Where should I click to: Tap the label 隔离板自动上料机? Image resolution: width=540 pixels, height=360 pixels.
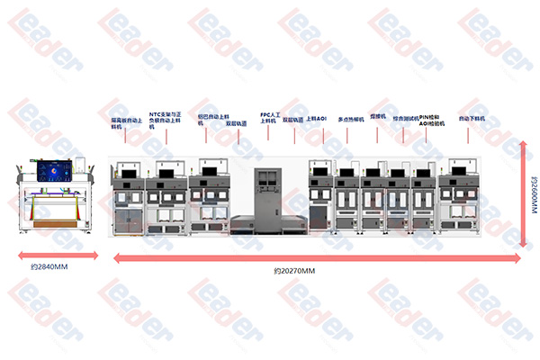pyautogui.click(x=125, y=123)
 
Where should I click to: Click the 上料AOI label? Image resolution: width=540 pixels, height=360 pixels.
pyautogui.click(x=316, y=118)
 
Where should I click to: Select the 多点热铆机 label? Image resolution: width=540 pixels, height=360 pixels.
pyautogui.click(x=351, y=119)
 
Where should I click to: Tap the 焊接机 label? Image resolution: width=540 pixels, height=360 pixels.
pyautogui.click(x=378, y=117)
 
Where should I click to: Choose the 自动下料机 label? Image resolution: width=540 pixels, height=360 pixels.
pyautogui.click(x=472, y=118)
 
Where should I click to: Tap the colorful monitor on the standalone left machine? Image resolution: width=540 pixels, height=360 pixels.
pyautogui.click(x=57, y=169)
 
